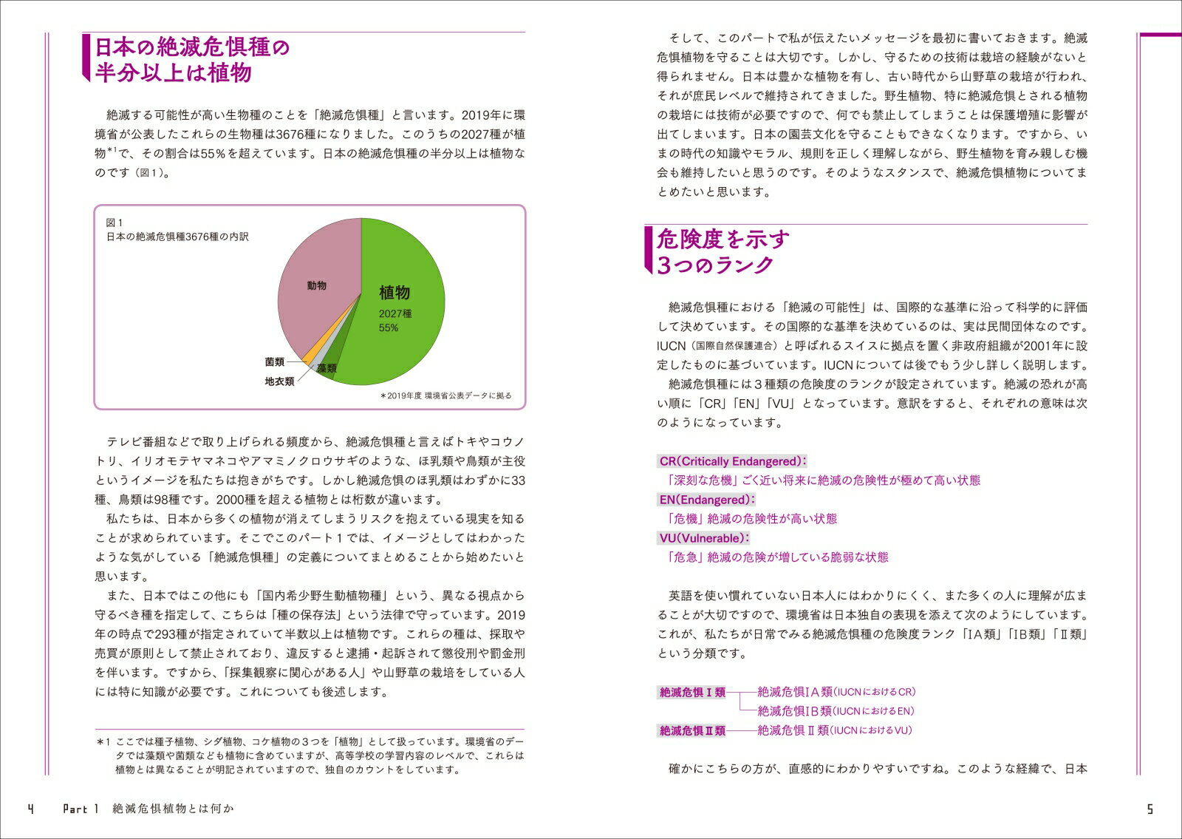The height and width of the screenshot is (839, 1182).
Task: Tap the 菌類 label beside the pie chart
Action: tap(275, 362)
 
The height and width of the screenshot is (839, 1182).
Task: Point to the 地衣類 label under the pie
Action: tap(279, 381)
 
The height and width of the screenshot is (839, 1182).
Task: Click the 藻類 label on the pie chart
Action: tap(327, 368)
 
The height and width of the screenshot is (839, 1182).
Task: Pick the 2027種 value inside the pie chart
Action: tap(395, 313)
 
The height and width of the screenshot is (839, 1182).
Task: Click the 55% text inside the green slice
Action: tap(389, 327)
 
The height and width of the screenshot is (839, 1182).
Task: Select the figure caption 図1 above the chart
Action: tap(115, 223)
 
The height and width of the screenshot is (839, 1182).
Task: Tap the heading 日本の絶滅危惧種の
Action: tap(192, 47)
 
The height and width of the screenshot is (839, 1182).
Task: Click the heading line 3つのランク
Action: tap(715, 265)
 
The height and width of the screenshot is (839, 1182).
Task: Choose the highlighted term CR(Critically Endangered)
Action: tap(732, 461)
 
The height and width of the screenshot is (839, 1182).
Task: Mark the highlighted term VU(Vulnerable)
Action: tap(704, 538)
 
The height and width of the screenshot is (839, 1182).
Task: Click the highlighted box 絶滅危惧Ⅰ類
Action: tap(692, 693)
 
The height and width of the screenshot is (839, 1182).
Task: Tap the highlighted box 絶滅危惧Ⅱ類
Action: tap(692, 731)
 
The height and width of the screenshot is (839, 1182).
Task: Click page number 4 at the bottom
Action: tap(30, 809)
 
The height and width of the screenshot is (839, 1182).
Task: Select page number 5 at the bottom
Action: tap(1149, 809)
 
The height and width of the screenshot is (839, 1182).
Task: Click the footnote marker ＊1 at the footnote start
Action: tap(103, 741)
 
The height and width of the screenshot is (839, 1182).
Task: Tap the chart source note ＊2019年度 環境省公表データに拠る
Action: tap(445, 395)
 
